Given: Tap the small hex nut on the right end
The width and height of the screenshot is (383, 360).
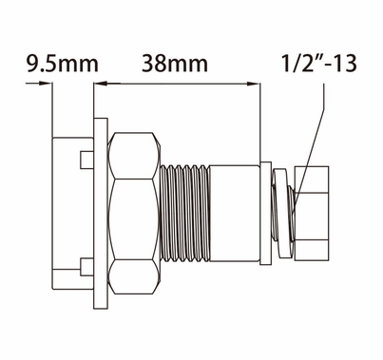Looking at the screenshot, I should point(314,214).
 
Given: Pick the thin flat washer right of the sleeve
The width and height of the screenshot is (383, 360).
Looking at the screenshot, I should point(265,215).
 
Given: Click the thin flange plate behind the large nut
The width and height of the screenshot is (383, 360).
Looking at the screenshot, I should point(100,215).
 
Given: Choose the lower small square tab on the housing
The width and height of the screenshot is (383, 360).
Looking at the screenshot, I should point(86,265).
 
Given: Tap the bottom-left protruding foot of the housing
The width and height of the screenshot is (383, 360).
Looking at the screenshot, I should point(63,279).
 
